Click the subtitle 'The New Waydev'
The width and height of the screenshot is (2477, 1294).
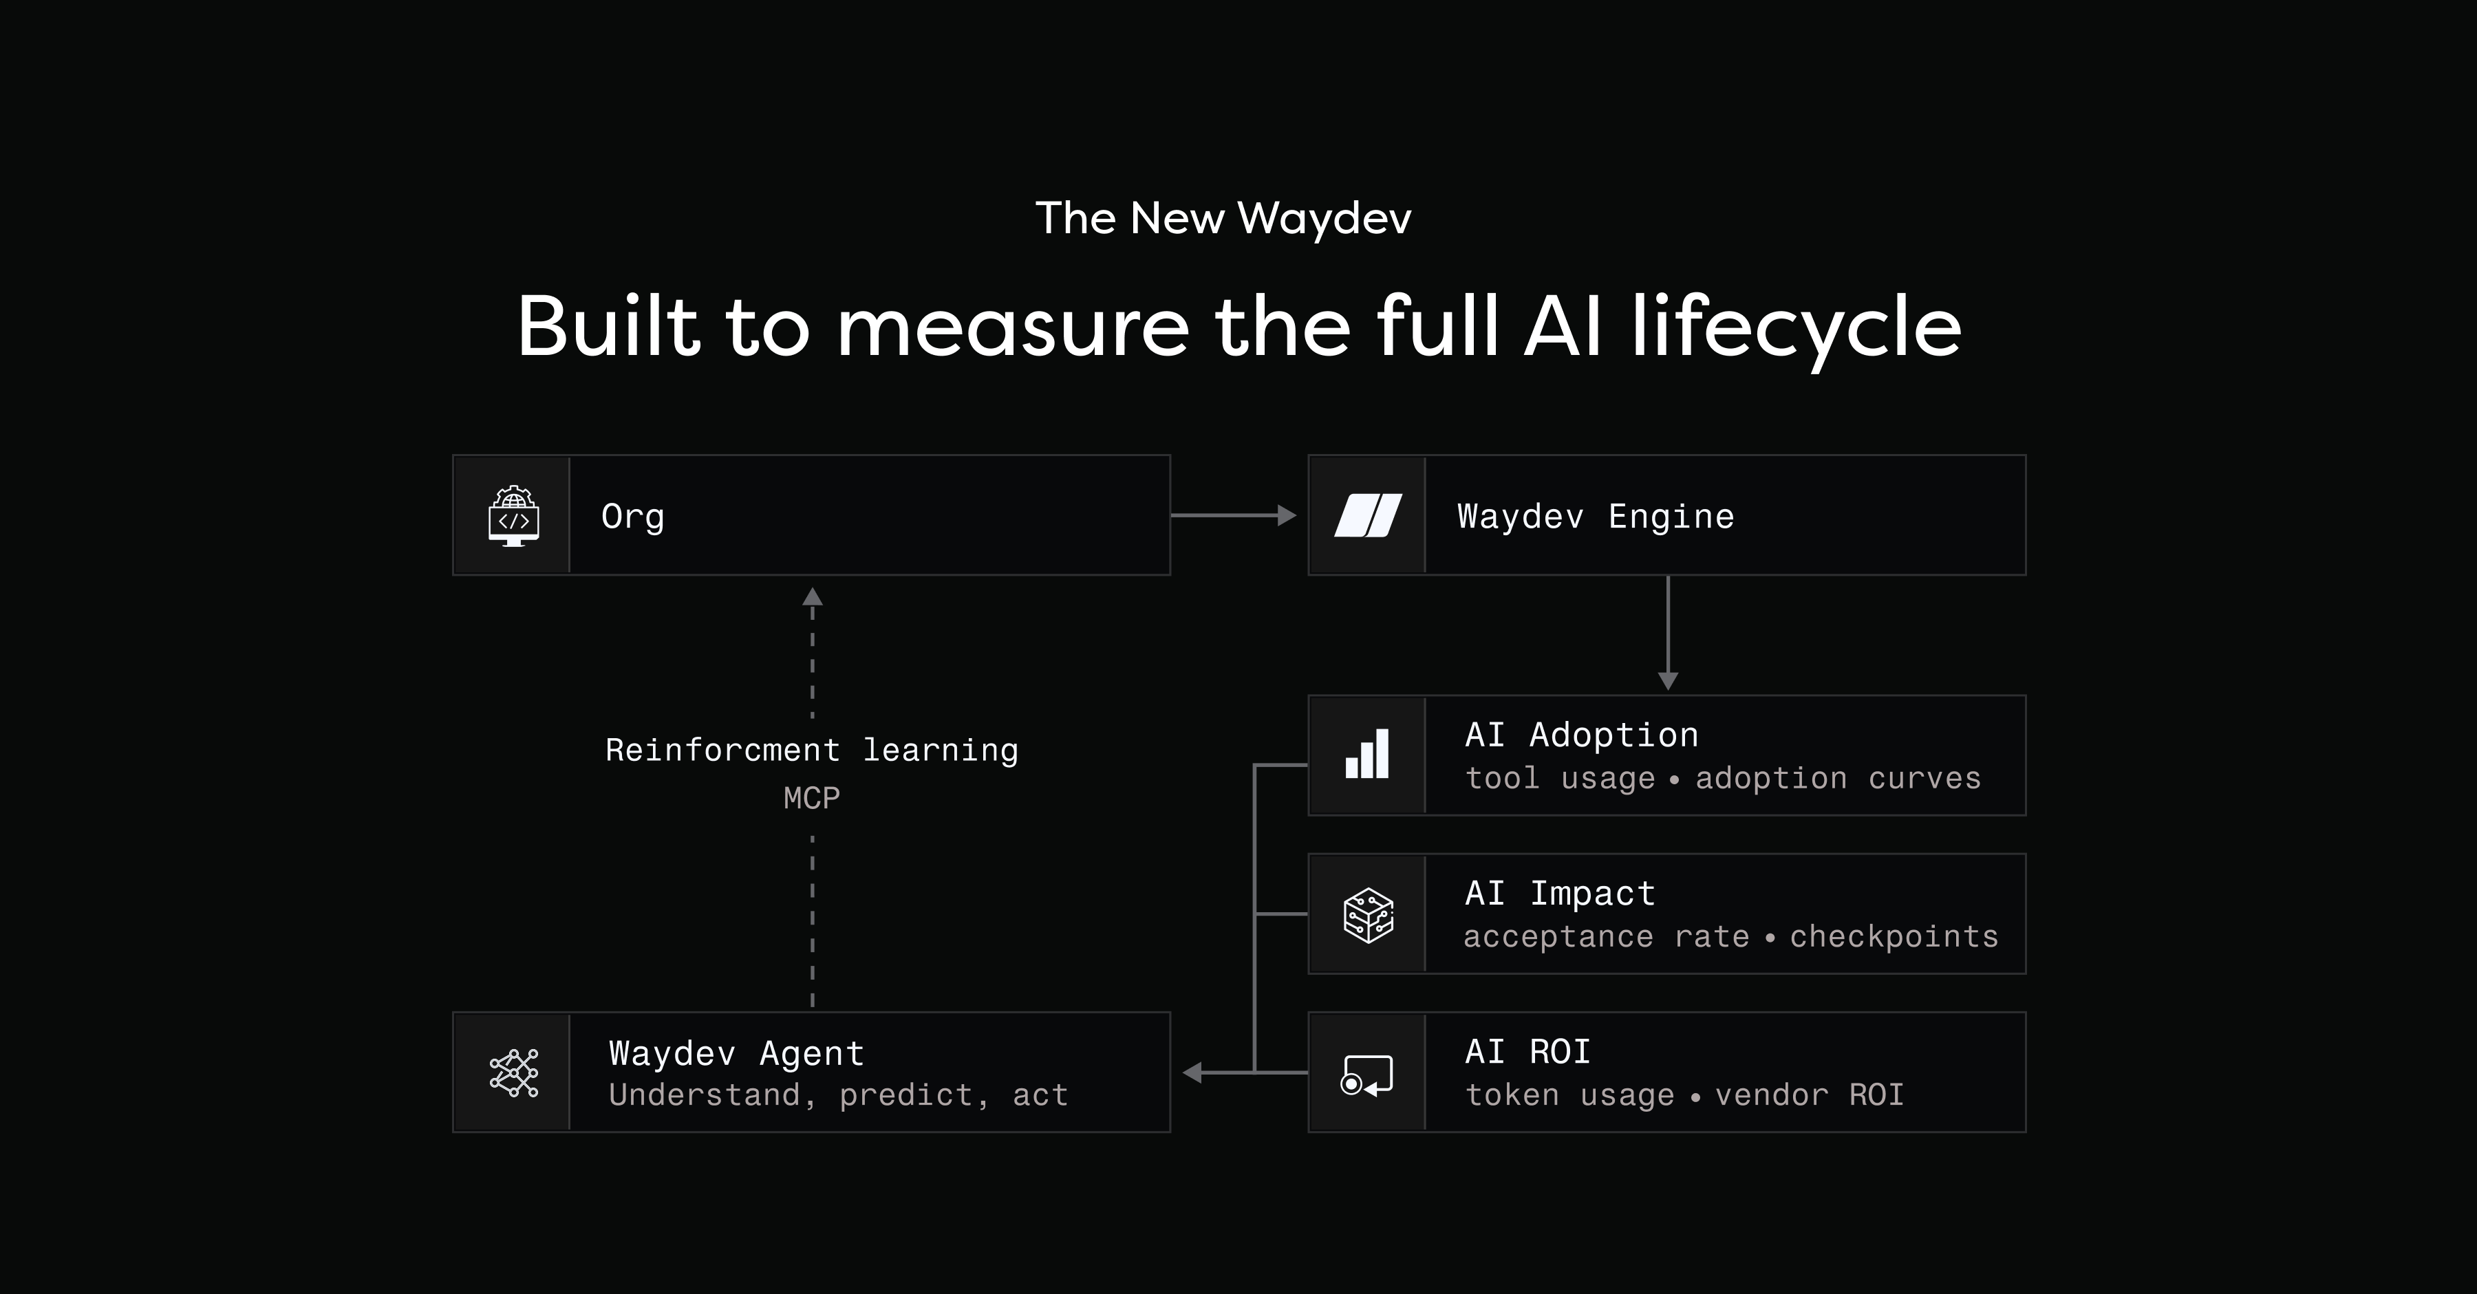[x=1223, y=218]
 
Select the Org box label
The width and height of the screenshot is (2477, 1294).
[x=633, y=516]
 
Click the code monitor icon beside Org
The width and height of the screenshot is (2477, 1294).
[x=513, y=516]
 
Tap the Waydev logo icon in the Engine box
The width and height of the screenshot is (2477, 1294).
[x=1367, y=516]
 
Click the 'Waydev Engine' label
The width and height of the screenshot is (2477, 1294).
[x=1595, y=516]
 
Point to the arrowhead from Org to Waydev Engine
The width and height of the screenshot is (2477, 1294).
[x=1287, y=515]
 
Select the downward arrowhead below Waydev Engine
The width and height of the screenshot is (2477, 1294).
[x=1669, y=680]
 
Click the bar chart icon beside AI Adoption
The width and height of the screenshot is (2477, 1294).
[x=1367, y=755]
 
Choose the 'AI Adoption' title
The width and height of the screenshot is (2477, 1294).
[x=1581, y=735]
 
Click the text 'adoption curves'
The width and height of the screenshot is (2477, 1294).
[x=1838, y=778]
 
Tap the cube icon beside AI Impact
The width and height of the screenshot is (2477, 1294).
[x=1367, y=914]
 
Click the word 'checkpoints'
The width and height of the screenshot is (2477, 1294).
[x=1894, y=936]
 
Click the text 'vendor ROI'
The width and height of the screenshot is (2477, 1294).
[x=1809, y=1095]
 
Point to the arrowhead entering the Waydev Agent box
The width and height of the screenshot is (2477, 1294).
[x=1192, y=1072]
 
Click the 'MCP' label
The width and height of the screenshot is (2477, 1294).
[x=812, y=798]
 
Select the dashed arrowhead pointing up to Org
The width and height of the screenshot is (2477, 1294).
[x=813, y=597]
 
